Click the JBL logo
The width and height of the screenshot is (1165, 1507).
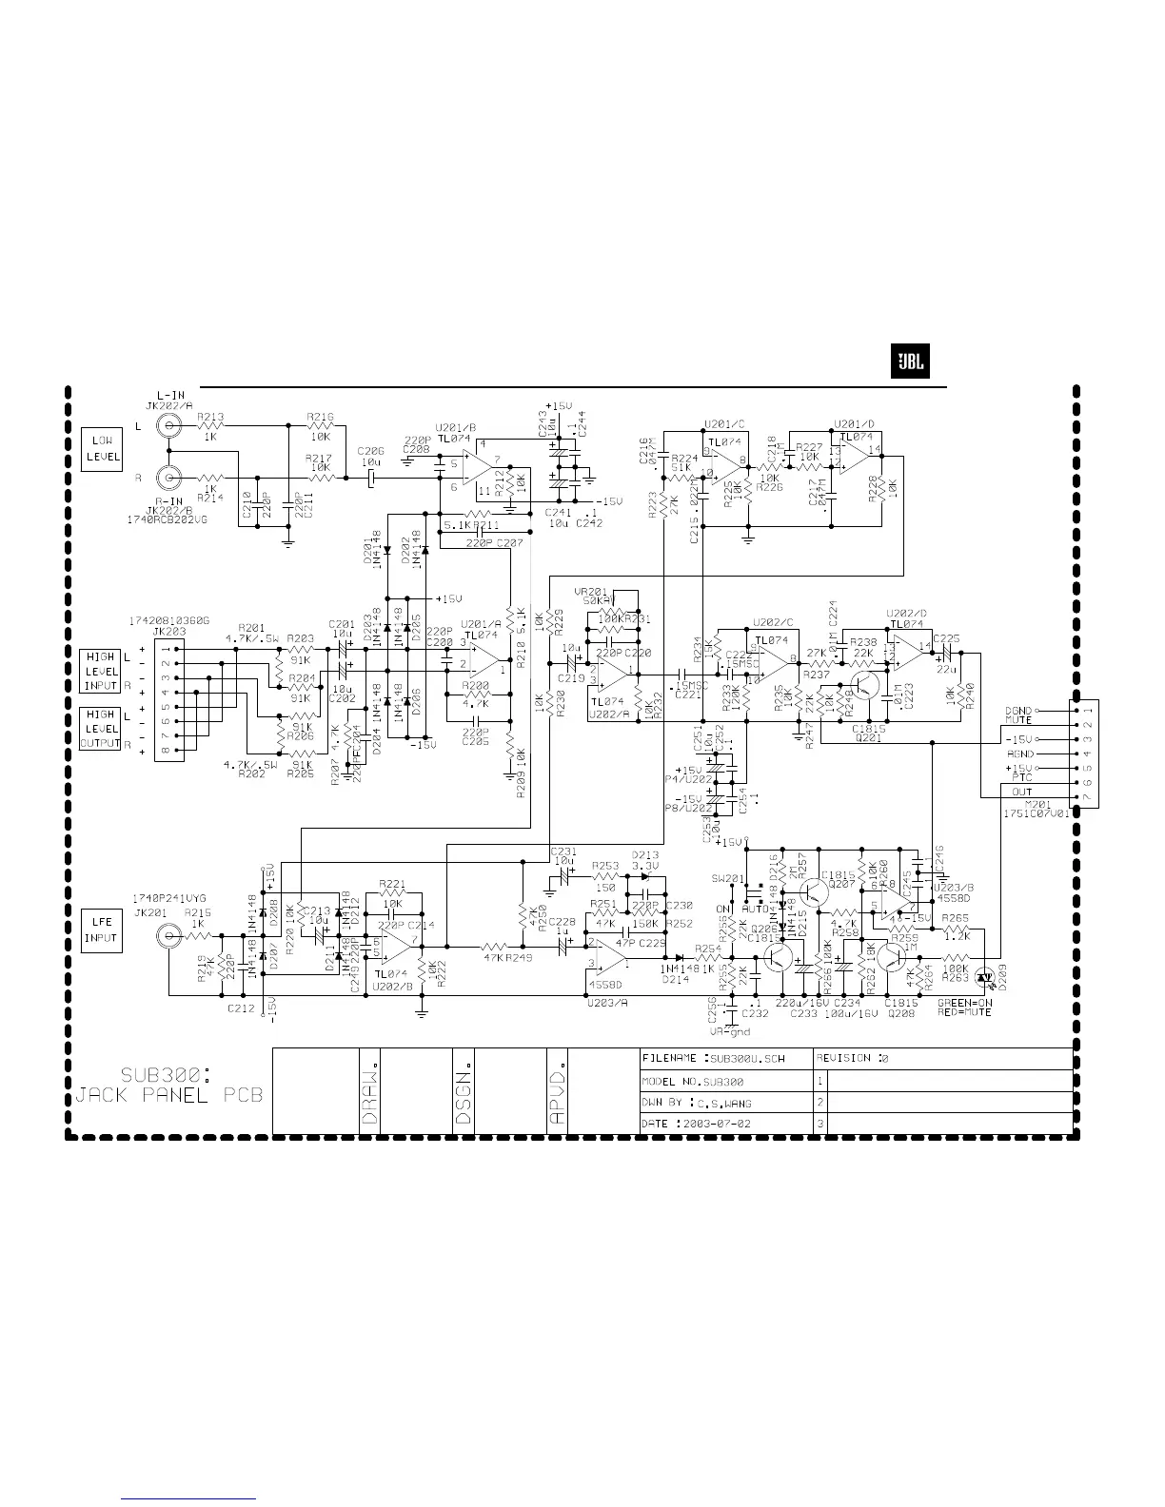tap(909, 362)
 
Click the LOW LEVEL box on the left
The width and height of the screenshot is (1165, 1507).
tap(101, 449)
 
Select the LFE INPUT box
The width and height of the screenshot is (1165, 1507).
tap(101, 930)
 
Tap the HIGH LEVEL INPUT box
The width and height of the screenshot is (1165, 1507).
tap(101, 671)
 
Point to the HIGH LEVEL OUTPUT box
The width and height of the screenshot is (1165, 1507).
tap(101, 729)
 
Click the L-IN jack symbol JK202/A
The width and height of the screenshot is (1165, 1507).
tap(170, 425)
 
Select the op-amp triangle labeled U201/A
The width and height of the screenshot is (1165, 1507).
tap(485, 657)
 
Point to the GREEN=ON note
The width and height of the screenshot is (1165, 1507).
tap(966, 1003)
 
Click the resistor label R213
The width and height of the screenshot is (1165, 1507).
tap(210, 417)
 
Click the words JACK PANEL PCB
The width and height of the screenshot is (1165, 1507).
tap(169, 1096)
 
